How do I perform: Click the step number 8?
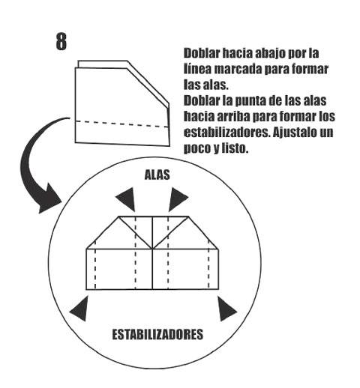click(61, 42)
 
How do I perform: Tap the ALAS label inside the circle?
click(157, 175)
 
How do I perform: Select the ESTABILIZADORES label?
click(157, 334)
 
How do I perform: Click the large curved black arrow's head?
click(49, 200)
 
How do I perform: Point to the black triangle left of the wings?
click(127, 199)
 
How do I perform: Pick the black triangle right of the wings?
click(177, 199)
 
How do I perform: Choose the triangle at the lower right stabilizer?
click(226, 309)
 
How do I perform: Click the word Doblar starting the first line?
click(202, 53)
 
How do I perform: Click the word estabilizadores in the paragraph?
click(227, 132)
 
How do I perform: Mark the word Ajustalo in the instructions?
click(295, 133)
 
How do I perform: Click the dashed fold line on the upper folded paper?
click(122, 124)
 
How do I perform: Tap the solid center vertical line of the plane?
click(152, 253)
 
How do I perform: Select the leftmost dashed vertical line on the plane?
click(95, 265)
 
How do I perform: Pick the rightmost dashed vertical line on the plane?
click(209, 265)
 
